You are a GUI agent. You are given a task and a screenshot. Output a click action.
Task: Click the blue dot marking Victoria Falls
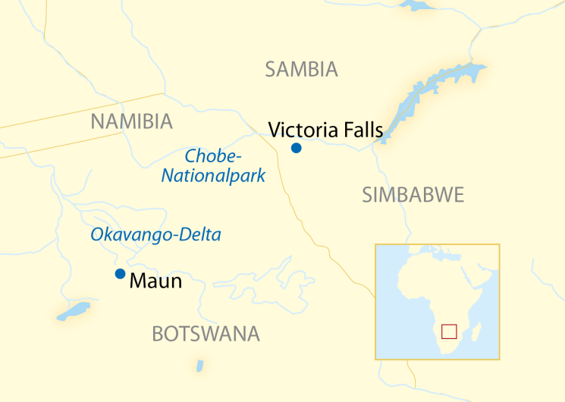pos(297,148)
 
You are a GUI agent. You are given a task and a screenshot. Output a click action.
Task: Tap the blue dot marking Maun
pos(120,274)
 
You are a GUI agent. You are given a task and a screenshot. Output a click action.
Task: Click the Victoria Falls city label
pos(325,130)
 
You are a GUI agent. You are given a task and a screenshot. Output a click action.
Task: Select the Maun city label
pos(156,281)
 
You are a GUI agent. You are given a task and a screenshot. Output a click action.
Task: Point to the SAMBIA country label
pos(301,71)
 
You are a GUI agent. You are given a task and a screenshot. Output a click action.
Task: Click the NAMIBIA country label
pos(131,121)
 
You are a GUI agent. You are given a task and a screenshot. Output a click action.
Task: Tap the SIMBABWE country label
pos(413,195)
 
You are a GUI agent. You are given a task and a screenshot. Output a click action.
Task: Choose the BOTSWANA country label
pos(206,334)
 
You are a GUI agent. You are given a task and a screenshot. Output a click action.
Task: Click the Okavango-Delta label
pos(155,235)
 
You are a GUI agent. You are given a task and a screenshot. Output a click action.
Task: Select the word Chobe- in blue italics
pos(213,157)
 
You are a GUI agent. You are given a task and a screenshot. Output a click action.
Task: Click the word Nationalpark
pos(213,176)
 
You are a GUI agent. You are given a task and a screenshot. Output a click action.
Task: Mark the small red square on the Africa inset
pos(449,331)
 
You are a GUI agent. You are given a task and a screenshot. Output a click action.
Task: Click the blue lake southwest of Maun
pos(73,311)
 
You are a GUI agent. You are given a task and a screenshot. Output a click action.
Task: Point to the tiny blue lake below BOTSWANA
pos(200,366)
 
